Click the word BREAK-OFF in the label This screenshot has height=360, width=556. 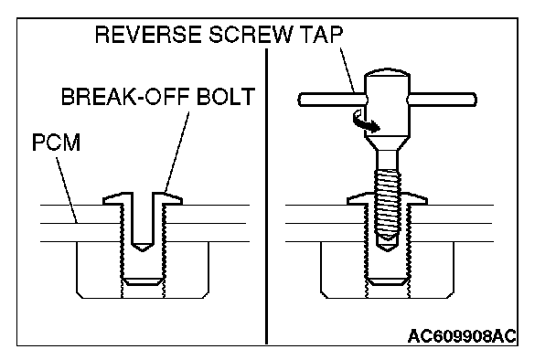click(x=124, y=96)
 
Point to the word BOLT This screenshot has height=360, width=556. click(x=226, y=96)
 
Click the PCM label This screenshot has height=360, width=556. click(x=57, y=143)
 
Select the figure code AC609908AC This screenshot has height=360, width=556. click(x=462, y=336)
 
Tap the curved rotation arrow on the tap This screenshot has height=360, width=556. click(x=365, y=122)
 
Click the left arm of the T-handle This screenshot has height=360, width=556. click(x=332, y=100)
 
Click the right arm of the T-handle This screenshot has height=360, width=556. click(x=443, y=100)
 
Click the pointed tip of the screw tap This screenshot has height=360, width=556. click(x=387, y=251)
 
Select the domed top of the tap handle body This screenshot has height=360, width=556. click(x=387, y=72)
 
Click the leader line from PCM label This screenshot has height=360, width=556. click(x=67, y=190)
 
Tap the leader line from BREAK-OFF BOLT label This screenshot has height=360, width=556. click(x=176, y=153)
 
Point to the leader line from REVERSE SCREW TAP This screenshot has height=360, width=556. click(x=347, y=71)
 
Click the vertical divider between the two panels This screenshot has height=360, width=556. click(x=266, y=196)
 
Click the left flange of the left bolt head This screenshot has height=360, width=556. click(x=113, y=199)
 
